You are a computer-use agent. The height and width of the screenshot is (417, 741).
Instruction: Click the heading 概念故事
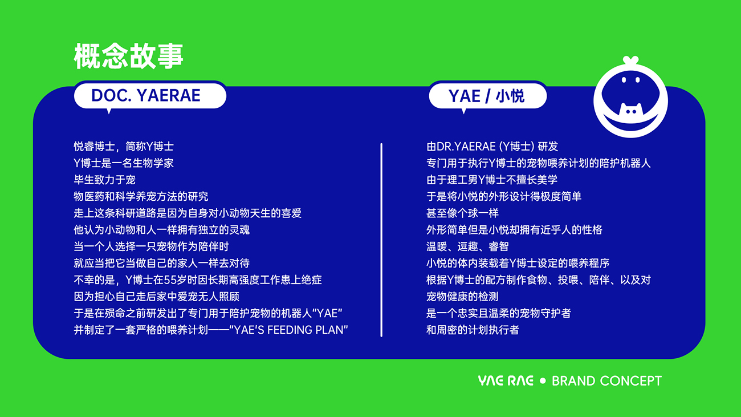(128, 56)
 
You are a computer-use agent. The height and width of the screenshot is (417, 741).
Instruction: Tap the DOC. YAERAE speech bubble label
(150, 96)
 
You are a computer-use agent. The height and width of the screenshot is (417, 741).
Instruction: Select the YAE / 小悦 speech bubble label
(487, 96)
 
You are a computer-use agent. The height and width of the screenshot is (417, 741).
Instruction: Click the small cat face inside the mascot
(631, 110)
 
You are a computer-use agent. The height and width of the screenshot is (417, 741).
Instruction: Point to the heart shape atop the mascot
(630, 60)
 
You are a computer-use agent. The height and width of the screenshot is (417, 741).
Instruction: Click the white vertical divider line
(381, 240)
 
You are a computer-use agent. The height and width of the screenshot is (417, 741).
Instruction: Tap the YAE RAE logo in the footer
(506, 380)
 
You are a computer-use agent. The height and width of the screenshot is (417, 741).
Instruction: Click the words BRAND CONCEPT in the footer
(606, 381)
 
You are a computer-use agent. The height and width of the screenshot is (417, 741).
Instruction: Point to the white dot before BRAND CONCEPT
(543, 380)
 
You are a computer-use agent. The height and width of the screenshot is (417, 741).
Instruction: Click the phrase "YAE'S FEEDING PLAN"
(288, 330)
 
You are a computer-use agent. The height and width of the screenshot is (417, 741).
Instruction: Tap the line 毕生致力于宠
(104, 180)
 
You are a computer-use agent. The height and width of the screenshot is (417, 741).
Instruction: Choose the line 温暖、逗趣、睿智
(467, 246)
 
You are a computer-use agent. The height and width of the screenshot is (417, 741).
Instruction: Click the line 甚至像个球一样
(462, 213)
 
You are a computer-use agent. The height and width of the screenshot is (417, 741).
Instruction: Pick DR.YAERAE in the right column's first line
(466, 147)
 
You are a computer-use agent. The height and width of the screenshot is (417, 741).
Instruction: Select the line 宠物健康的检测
(462, 297)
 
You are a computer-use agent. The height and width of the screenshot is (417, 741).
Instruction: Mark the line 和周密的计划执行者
(473, 330)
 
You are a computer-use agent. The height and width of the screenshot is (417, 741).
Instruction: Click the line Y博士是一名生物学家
(123, 163)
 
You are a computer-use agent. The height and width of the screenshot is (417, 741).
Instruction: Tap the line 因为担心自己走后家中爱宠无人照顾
(157, 297)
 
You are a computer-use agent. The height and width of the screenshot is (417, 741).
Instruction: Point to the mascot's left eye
(624, 80)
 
